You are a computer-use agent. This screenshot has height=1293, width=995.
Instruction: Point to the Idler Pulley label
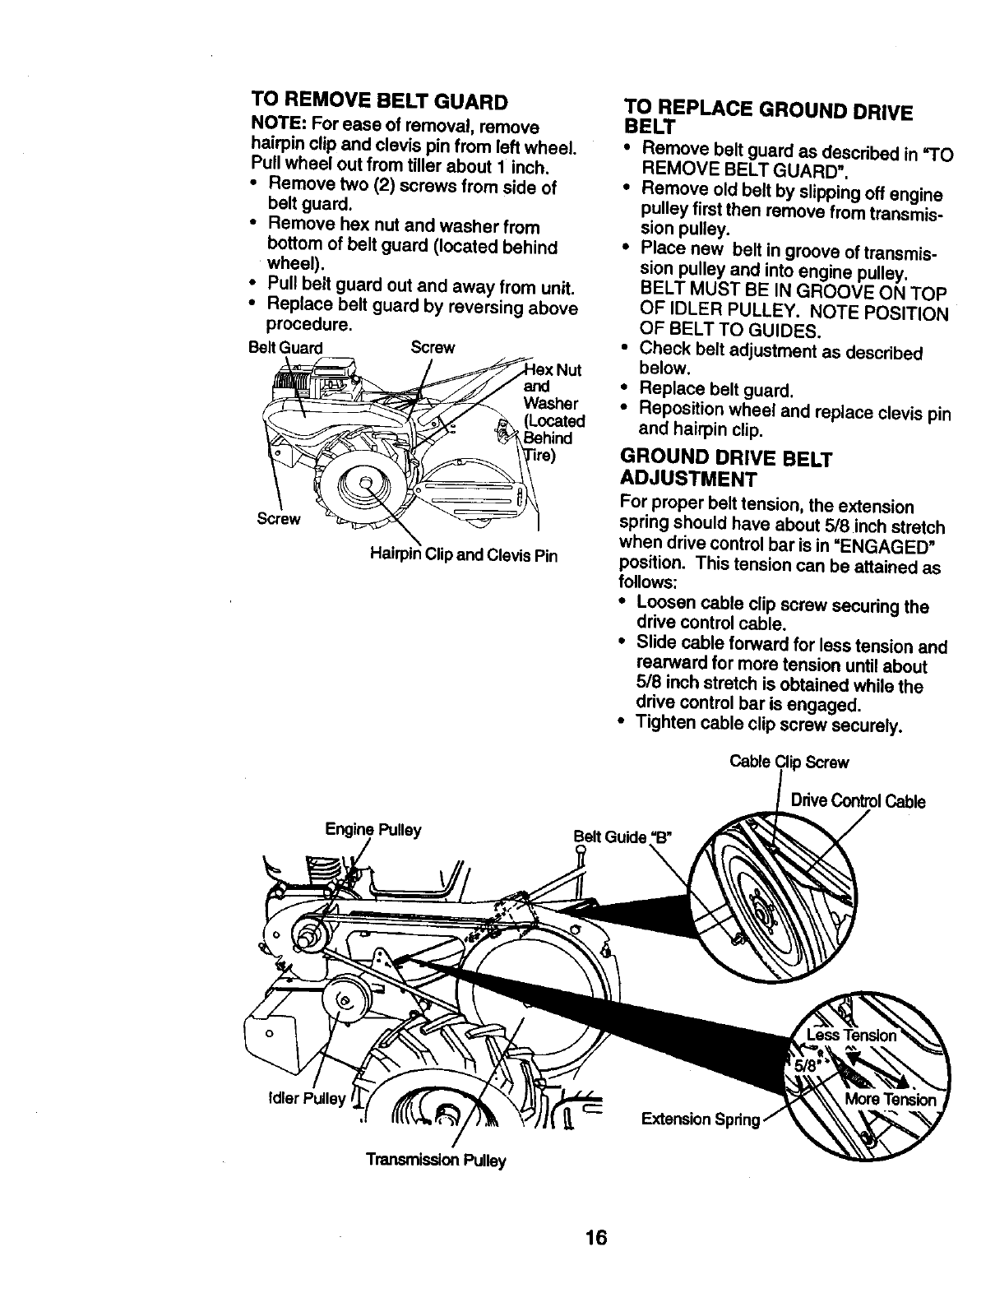[x=294, y=1099]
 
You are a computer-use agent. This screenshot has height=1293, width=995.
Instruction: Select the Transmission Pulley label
[x=436, y=1160]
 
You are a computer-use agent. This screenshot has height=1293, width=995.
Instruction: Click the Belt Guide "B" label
[x=622, y=837]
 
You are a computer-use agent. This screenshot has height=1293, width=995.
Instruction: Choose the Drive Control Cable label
[x=858, y=801]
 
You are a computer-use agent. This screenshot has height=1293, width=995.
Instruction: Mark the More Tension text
[x=891, y=1101]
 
